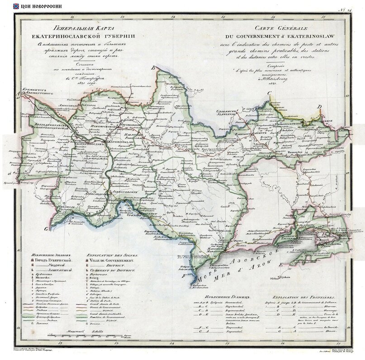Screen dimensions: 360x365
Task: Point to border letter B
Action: tap(153, 68)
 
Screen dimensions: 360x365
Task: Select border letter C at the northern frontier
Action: tap(269, 94)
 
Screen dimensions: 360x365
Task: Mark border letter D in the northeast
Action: tap(319, 107)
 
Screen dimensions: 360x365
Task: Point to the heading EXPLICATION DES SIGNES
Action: tap(108, 256)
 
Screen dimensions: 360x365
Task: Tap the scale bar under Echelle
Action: tap(89, 336)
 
